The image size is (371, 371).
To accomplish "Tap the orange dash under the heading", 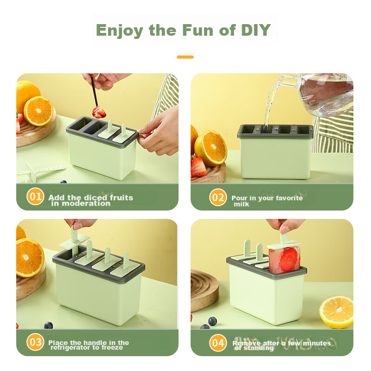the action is [185, 57].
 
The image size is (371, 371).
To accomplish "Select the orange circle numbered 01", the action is [35, 196].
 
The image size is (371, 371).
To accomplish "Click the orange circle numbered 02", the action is [218, 197].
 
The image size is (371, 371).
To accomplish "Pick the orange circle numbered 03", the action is [35, 342].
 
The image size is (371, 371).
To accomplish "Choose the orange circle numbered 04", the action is [218, 343].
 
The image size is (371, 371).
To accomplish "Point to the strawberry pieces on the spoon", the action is [99, 112].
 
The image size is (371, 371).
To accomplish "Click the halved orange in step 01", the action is [38, 111].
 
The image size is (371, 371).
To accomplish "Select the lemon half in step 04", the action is [337, 312].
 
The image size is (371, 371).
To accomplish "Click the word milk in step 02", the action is [241, 204].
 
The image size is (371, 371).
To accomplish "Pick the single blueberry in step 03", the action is [48, 325].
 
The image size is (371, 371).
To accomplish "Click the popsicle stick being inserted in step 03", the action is [74, 240].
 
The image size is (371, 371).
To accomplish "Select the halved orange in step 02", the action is [211, 148].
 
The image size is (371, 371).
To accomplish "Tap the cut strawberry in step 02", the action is [198, 167].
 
